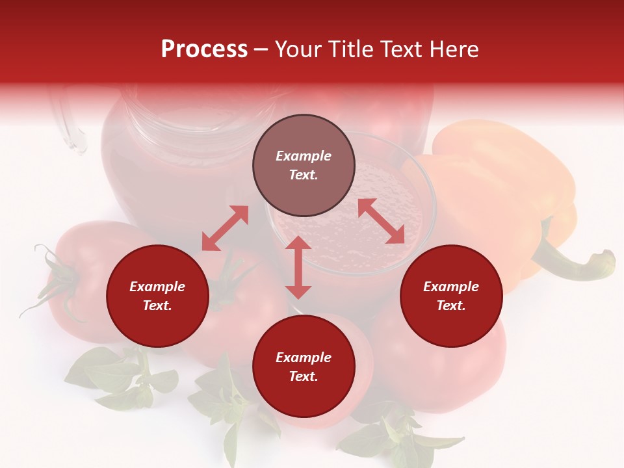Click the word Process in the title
[204, 49]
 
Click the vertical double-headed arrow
[298, 267]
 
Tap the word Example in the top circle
[304, 156]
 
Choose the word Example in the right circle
[451, 287]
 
